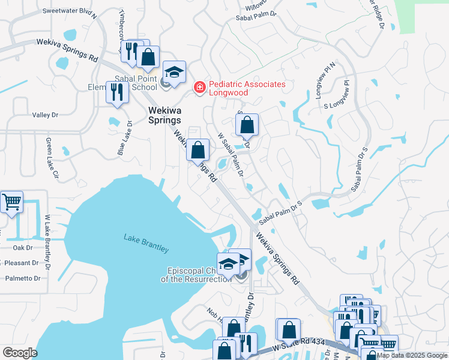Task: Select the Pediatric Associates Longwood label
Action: (246, 88)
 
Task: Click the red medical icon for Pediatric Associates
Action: (199, 88)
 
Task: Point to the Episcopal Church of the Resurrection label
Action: (196, 274)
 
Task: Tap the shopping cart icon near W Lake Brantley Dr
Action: (11, 202)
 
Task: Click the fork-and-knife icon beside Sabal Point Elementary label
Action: (116, 92)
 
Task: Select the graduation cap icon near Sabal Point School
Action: (173, 73)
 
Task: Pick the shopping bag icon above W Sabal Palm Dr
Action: (246, 125)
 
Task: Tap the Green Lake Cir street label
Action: (50, 159)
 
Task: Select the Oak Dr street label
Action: (22, 247)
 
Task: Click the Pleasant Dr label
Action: (21, 263)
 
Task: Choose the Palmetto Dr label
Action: (22, 278)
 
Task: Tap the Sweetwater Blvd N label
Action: (70, 11)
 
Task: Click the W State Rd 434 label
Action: (298, 344)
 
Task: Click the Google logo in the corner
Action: (20, 353)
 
